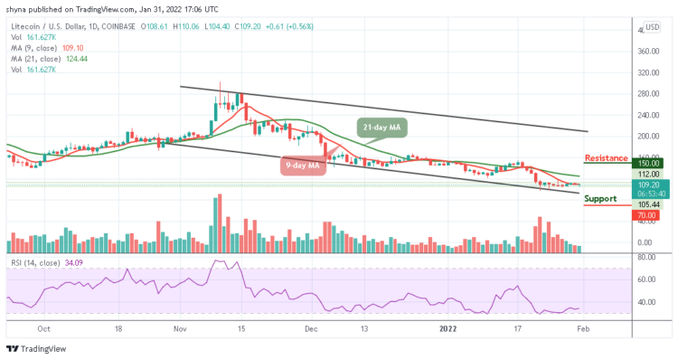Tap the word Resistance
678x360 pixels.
[607, 158]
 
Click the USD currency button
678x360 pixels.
[651, 27]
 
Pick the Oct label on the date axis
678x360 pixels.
[42, 330]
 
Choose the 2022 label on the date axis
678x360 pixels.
[447, 330]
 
